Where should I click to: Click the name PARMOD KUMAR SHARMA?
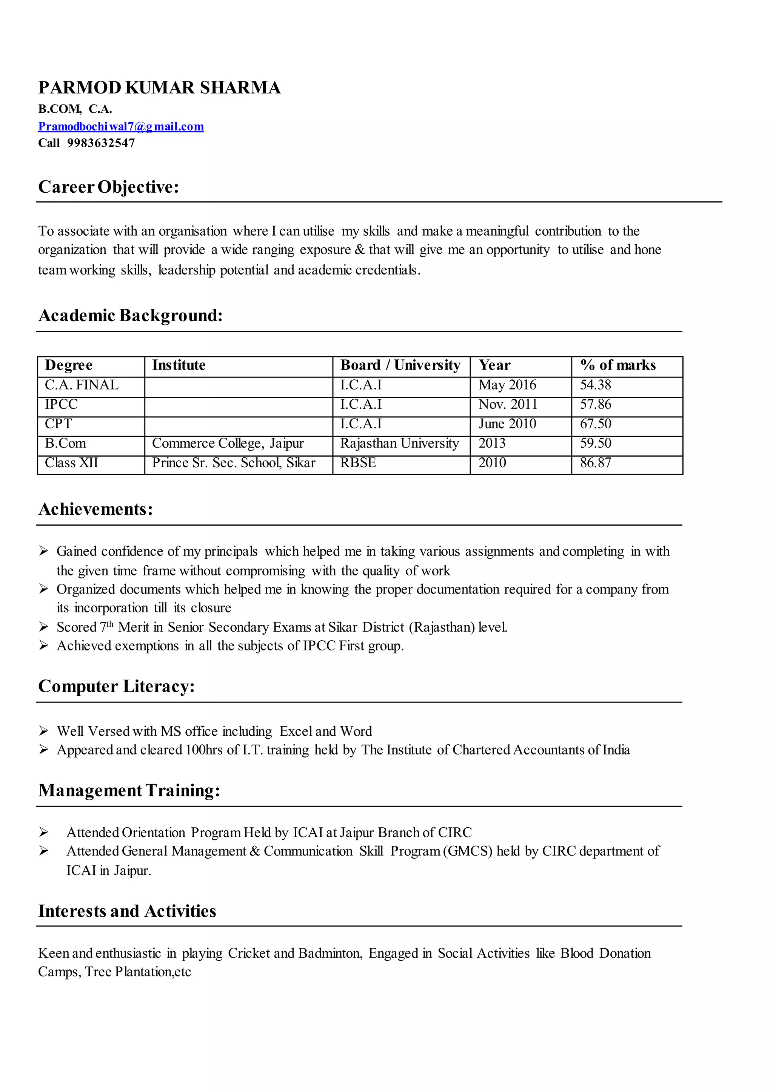(x=159, y=88)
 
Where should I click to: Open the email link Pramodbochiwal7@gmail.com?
(x=121, y=127)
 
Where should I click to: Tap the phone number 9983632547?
(x=101, y=143)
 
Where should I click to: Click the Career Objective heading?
(x=109, y=187)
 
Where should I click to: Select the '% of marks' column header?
(x=617, y=365)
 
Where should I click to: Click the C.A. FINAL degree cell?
(x=82, y=385)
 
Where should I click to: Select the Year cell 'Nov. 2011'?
(x=507, y=404)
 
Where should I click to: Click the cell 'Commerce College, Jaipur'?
(x=228, y=443)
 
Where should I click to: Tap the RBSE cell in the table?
(x=358, y=463)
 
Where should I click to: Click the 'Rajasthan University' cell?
(x=399, y=443)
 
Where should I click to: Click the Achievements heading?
(x=95, y=509)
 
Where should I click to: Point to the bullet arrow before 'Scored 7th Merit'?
(x=44, y=627)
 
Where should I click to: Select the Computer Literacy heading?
(x=117, y=686)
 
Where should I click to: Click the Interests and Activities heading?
(x=127, y=911)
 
